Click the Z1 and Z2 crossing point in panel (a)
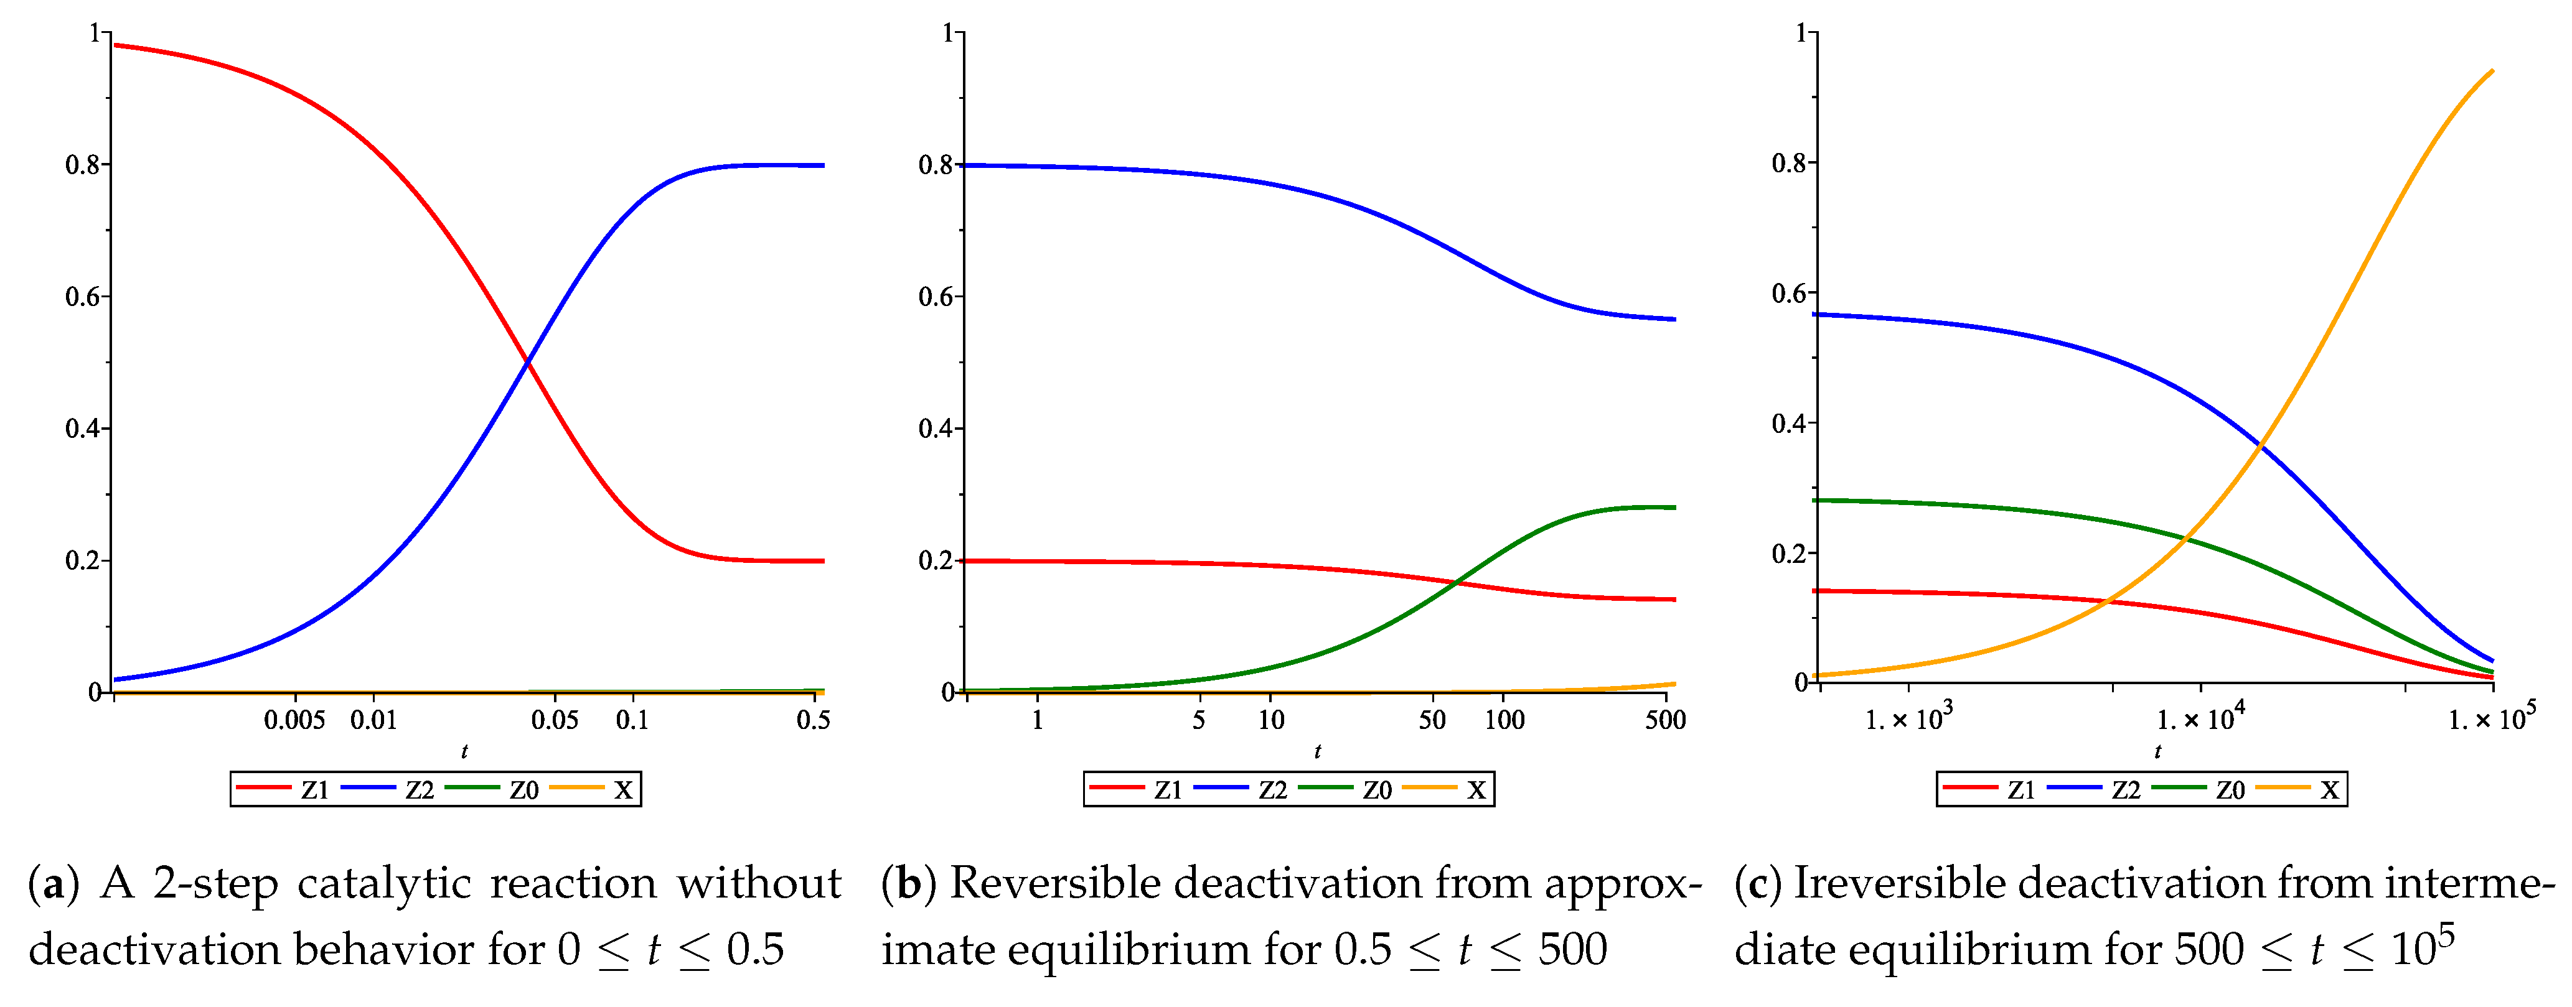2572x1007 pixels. (x=527, y=362)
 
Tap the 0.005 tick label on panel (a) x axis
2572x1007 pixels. (x=294, y=720)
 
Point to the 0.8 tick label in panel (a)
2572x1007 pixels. (x=83, y=165)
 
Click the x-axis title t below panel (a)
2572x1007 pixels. (x=464, y=751)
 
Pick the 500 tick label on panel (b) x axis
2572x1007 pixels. (x=1664, y=720)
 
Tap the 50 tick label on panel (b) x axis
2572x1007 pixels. (x=1432, y=720)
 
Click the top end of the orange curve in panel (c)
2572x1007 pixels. (x=2492, y=71)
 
